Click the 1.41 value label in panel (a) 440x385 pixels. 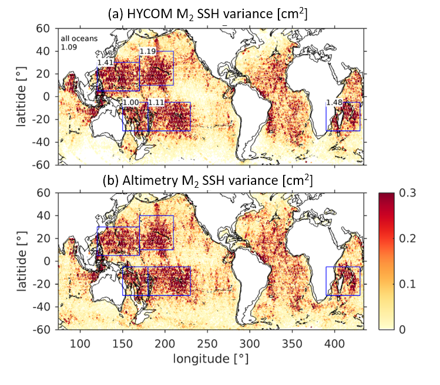[105, 62]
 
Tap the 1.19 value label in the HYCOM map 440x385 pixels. [147, 51]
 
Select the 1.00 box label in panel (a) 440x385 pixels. [131, 102]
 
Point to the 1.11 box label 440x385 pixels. [156, 102]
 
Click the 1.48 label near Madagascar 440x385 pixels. [334, 102]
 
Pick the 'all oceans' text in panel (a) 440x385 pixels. [79, 38]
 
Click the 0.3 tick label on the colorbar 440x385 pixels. [408, 193]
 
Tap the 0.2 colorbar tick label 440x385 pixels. [408, 239]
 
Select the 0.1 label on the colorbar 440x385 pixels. [408, 284]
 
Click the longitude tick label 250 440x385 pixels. [207, 344]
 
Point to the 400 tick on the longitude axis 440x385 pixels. [334, 344]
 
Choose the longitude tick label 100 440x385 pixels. [80, 344]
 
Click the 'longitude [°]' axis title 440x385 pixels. [211, 359]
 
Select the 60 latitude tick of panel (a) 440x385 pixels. [43, 28]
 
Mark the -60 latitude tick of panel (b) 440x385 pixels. [41, 329]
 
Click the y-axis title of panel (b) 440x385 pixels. [21, 261]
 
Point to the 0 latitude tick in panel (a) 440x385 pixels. [46, 97]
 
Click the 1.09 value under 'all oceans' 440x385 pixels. [69, 47]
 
